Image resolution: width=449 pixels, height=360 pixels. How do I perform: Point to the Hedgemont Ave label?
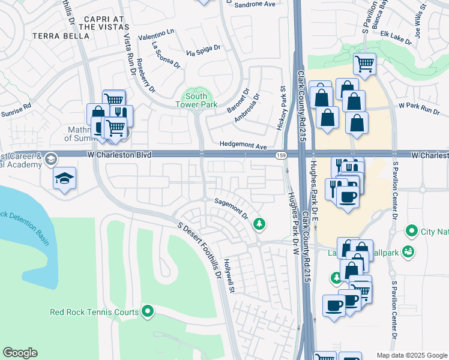point(243,146)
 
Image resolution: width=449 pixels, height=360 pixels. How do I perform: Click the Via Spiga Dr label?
point(204,53)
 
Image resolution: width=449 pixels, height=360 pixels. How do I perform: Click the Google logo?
point(20,353)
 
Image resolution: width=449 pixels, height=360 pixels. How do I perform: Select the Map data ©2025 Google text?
point(411,355)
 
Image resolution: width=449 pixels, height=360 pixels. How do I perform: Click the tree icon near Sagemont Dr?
point(259,224)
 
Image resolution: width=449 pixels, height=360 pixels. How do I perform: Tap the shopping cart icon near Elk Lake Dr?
point(364,62)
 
